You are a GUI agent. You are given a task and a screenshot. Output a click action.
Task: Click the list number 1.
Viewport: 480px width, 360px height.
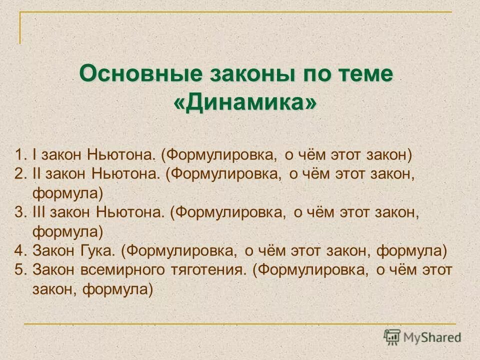tap(19, 154)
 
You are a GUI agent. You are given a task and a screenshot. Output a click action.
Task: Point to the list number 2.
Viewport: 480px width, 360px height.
tap(19, 173)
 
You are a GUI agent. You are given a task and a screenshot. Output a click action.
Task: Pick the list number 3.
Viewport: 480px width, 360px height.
tap(19, 212)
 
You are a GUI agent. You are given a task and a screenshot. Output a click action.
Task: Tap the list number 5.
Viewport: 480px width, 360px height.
tap(19, 269)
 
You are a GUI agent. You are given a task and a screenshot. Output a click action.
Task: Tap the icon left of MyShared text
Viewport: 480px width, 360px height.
tap(392, 337)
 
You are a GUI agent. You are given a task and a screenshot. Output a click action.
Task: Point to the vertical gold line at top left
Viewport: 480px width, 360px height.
tap(20, 27)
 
